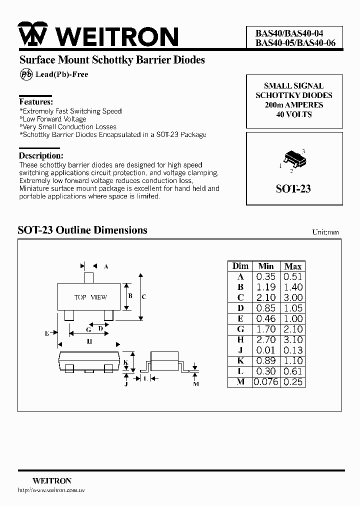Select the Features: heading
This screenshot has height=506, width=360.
(x=36, y=101)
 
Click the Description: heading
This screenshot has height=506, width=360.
(x=39, y=154)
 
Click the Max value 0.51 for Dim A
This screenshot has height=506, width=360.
(x=293, y=276)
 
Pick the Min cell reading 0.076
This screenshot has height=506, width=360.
(x=265, y=382)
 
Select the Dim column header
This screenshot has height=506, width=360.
(x=240, y=266)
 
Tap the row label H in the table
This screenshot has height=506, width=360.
(x=240, y=340)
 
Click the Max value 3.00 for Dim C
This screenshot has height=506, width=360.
(x=293, y=297)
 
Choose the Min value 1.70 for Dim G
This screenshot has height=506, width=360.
(x=265, y=329)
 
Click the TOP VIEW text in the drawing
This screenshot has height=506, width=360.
(x=90, y=297)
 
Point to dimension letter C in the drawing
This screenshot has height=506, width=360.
(x=144, y=296)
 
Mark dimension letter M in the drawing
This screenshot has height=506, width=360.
(x=195, y=384)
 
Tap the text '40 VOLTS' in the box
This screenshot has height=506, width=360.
(x=294, y=114)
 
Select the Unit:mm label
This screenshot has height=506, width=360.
(x=325, y=232)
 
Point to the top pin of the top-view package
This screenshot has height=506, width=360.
(x=89, y=278)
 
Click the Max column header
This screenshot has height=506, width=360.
(x=293, y=266)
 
